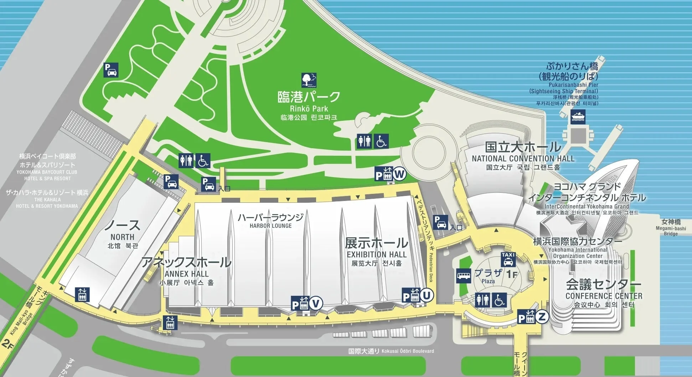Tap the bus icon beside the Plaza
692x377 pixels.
[x=464, y=276]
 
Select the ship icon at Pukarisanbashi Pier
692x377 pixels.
[x=578, y=117]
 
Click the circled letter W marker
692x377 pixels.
[x=400, y=174]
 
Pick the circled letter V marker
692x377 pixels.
[x=316, y=304]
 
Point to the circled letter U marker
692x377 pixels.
[x=427, y=295]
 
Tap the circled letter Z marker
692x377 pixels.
[x=542, y=316]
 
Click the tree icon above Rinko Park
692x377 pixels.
[x=309, y=80]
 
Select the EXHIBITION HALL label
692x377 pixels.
[x=377, y=254]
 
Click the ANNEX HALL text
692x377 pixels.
[x=186, y=274]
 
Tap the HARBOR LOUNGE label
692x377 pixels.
[x=270, y=226]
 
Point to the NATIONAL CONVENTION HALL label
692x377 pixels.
[x=523, y=159]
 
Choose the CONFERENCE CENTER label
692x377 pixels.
[x=604, y=296]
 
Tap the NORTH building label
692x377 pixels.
[x=122, y=237]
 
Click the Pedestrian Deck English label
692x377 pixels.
[x=431, y=267]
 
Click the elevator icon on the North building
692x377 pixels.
[x=82, y=295]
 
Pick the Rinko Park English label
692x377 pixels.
[x=309, y=109]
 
